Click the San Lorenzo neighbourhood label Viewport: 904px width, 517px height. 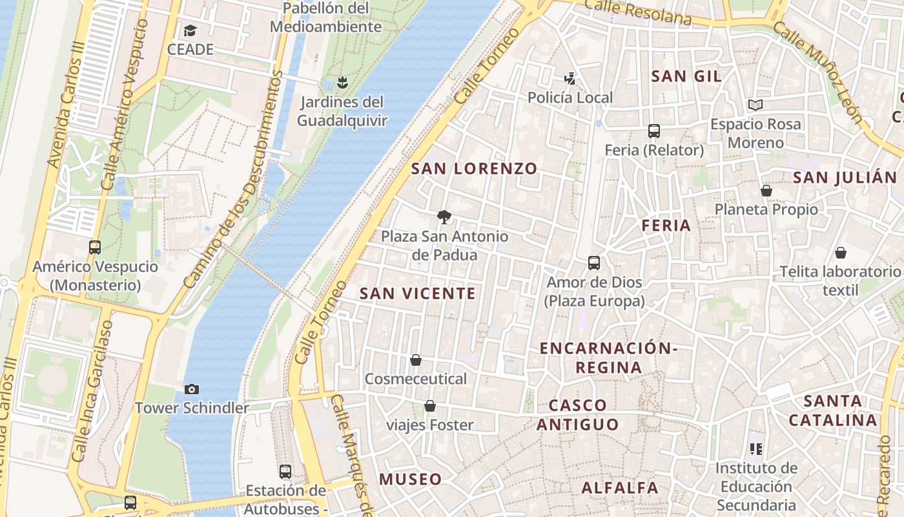coord(474,169)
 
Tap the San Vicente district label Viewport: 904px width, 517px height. coord(417,293)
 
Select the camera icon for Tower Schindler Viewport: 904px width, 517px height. coord(192,389)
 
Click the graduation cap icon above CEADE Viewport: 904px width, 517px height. coord(190,30)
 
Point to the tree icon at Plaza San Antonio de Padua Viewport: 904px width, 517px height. coord(444,216)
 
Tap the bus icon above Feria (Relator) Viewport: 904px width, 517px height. coord(653,131)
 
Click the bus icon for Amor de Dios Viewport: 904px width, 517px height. coord(594,263)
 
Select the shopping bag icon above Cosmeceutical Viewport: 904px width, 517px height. coord(416,359)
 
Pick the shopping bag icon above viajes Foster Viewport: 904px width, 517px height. coord(430,406)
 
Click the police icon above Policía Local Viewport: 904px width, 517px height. coord(570,79)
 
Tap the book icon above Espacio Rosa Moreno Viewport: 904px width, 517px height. coord(755,105)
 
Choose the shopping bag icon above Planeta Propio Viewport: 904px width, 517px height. coord(766,191)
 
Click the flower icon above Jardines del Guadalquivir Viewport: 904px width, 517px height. coord(342,82)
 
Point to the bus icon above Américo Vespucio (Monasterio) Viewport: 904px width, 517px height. coord(95,247)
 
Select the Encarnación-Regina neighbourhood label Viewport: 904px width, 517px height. coord(608,358)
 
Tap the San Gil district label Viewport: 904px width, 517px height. coord(686,76)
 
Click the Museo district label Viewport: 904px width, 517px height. coord(410,480)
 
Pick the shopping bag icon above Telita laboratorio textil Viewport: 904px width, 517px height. coord(840,253)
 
